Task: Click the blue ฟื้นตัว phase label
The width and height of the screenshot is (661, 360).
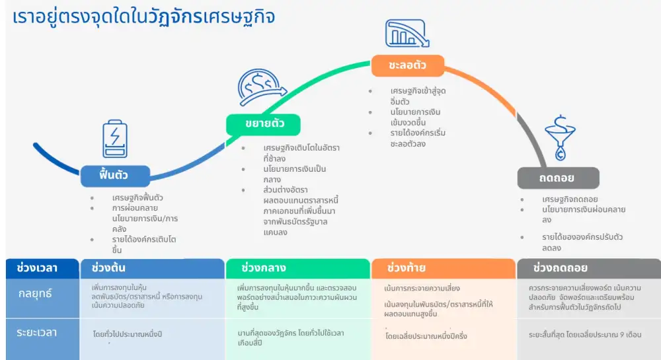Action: (114, 176)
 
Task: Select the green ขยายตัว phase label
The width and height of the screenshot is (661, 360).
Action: (263, 124)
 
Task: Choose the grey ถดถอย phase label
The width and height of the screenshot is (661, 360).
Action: (558, 178)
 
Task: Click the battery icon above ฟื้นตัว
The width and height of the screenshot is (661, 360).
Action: (114, 139)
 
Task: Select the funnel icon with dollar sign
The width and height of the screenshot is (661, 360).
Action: (559, 137)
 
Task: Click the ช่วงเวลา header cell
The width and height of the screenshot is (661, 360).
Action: (36, 268)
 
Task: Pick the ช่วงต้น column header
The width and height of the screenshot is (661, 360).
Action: (109, 268)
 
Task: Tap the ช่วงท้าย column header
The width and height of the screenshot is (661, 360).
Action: (407, 268)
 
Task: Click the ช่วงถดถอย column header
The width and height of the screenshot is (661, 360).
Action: (561, 268)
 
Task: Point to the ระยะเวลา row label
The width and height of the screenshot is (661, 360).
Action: (37, 332)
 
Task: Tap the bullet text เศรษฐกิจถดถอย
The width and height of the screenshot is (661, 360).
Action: (570, 199)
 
